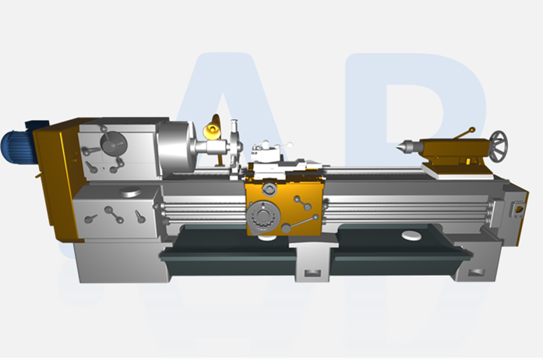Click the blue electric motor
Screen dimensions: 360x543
[17, 144]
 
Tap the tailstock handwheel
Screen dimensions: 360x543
[497, 143]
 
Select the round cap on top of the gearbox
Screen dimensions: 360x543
[130, 192]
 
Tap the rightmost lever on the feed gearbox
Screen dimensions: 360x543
[140, 216]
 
